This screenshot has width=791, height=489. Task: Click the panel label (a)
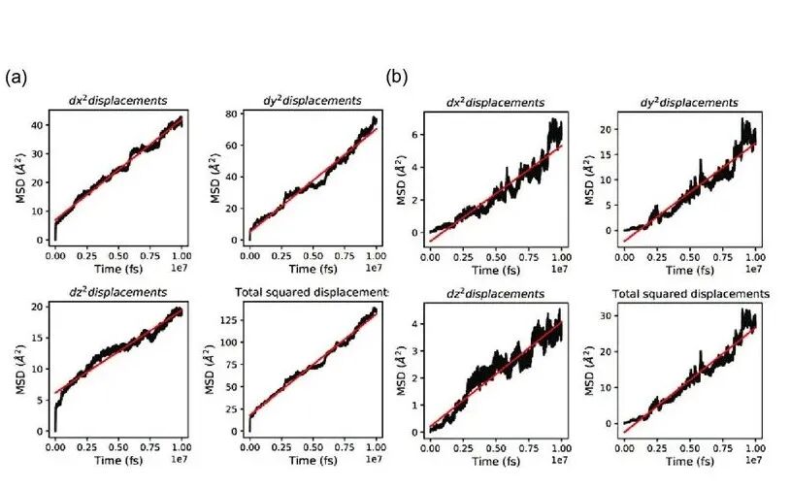click(x=16, y=77)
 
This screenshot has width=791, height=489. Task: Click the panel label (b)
click(x=396, y=77)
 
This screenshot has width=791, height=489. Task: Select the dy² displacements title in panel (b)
click(x=691, y=102)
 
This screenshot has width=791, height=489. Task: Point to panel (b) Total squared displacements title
click(x=691, y=293)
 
